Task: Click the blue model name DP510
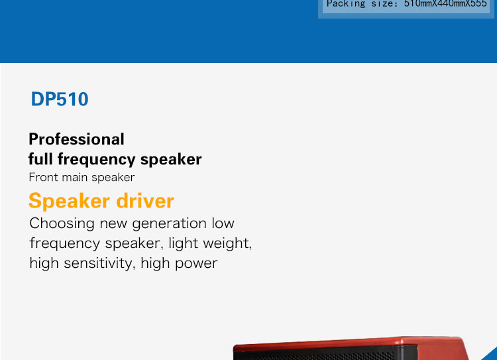60,99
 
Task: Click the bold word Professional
76,139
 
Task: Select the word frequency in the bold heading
96,160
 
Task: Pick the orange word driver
145,201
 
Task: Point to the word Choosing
62,223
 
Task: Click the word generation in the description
169,223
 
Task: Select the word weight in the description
227,243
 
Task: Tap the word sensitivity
100,263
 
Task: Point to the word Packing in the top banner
346,4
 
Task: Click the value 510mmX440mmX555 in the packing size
445,3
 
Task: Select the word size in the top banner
384,4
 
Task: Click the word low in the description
223,223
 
